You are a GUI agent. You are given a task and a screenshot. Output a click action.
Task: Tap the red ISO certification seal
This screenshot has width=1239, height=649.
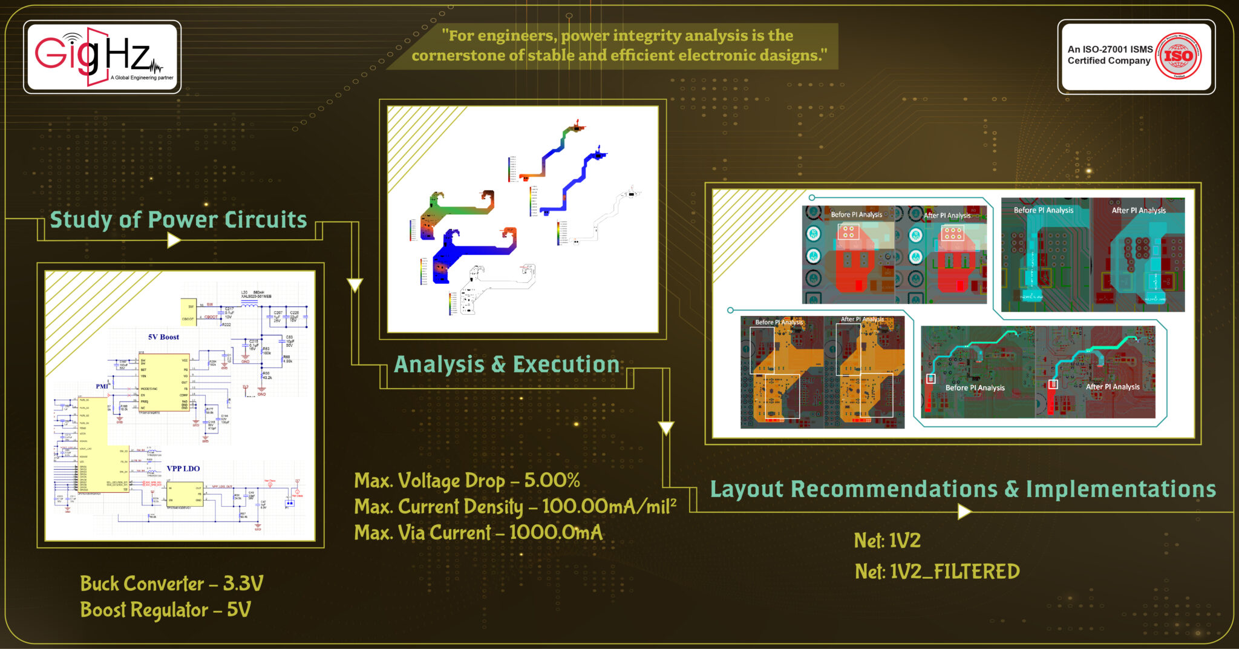point(1178,56)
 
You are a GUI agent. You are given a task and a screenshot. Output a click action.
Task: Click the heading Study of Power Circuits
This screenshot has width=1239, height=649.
point(178,220)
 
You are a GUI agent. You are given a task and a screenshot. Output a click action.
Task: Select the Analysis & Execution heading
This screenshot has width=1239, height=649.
point(506,364)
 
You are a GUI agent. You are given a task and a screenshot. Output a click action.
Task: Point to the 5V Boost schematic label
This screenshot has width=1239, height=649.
point(163,337)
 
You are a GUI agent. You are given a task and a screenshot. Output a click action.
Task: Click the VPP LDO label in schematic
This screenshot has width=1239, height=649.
point(183,469)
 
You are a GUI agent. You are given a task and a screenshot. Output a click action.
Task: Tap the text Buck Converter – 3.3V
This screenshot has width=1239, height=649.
point(172,584)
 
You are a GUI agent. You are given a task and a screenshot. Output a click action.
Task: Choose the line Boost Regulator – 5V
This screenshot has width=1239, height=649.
point(165,610)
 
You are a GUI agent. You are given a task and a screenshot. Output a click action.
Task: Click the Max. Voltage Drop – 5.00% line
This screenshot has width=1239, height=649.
point(466,481)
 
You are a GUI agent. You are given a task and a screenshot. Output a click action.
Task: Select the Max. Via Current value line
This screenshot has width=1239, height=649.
point(478,533)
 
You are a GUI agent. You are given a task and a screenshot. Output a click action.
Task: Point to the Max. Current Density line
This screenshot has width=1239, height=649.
point(515,507)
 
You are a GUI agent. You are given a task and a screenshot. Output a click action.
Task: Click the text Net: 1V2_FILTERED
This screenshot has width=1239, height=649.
point(937,572)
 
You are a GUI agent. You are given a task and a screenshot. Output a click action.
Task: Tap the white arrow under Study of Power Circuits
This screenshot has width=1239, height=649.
point(174,241)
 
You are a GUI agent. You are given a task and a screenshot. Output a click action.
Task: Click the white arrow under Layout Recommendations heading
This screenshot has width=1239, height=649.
point(964,512)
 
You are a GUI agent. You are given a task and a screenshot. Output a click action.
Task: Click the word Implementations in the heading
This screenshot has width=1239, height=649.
point(1120,489)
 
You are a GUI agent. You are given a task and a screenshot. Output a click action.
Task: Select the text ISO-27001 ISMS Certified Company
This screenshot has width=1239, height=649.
point(1110,55)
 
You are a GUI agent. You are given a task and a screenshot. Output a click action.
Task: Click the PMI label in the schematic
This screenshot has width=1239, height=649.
point(102,386)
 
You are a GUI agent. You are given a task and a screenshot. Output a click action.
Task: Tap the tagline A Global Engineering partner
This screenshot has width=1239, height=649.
point(142,77)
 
